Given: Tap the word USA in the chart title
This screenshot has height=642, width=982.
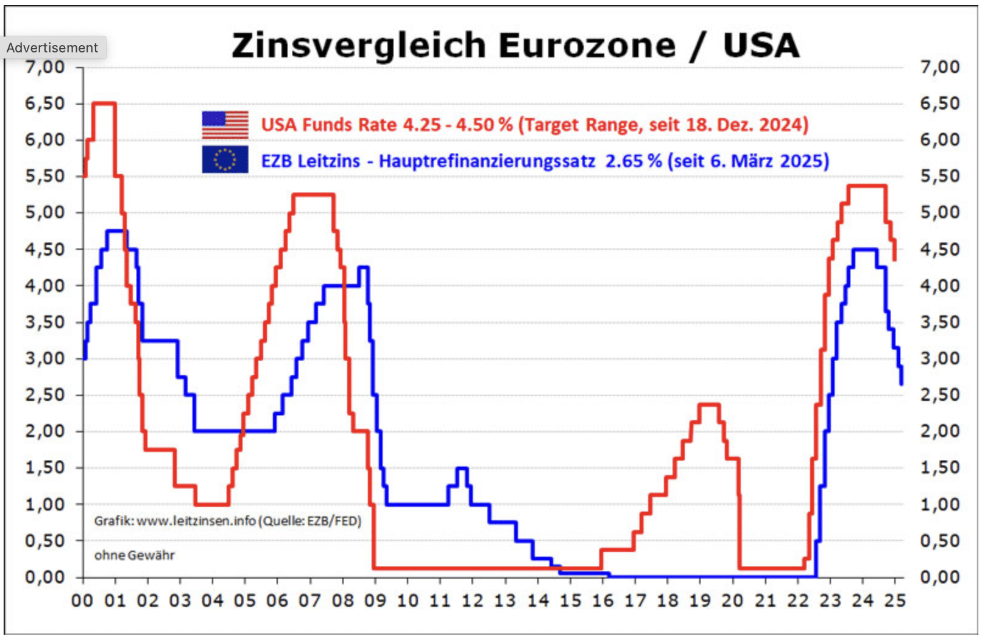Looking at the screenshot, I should [x=761, y=46].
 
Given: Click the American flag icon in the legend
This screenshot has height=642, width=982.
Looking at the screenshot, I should [x=225, y=125].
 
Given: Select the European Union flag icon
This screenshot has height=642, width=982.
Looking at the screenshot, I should [x=225, y=160].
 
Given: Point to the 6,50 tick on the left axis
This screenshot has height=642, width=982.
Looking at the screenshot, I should [x=44, y=104].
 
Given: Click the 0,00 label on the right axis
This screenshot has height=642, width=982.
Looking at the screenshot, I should [x=939, y=577].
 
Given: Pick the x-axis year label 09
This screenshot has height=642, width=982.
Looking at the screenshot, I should [x=375, y=601].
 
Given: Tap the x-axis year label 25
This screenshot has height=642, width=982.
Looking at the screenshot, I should [x=895, y=601].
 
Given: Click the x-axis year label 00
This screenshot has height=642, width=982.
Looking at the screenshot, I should [x=82, y=601].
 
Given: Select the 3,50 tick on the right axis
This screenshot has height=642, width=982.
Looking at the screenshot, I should [x=939, y=322].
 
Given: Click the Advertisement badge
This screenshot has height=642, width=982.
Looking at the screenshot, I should [x=52, y=48].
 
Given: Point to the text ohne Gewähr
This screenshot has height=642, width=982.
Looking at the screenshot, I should [x=134, y=556].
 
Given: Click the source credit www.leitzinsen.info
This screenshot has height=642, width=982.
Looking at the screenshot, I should [x=196, y=521].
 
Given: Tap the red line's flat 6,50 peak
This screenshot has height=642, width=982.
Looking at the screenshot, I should [x=104, y=104].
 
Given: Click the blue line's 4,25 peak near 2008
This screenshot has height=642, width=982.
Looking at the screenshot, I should [x=363, y=267].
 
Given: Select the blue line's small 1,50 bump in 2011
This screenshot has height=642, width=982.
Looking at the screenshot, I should [x=462, y=468].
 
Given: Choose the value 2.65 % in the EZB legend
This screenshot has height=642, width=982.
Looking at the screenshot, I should [x=633, y=161].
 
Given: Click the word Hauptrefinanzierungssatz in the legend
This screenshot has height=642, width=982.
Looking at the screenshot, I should [x=487, y=161].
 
